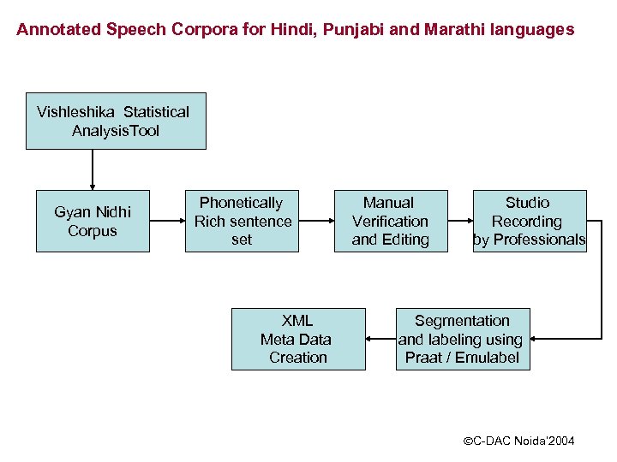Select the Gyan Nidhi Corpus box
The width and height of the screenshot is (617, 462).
point(93,221)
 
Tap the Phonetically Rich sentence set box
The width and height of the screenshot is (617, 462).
point(242,221)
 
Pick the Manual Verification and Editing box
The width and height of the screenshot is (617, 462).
point(390,221)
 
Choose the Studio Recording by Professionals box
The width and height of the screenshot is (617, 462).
point(529,221)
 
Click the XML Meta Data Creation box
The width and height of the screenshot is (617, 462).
point(297,339)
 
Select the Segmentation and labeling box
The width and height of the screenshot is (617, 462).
point(462,339)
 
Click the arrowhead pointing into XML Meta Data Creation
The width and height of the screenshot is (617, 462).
point(370,340)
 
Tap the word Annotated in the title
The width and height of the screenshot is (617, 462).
point(57,30)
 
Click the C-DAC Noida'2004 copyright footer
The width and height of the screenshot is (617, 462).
point(518,441)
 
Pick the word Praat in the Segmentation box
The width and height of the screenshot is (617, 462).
point(424,358)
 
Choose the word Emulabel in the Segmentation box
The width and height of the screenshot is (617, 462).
point(487,358)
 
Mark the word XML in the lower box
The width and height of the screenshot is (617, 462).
point(297,321)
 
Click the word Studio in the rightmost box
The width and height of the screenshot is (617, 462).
point(528,203)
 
